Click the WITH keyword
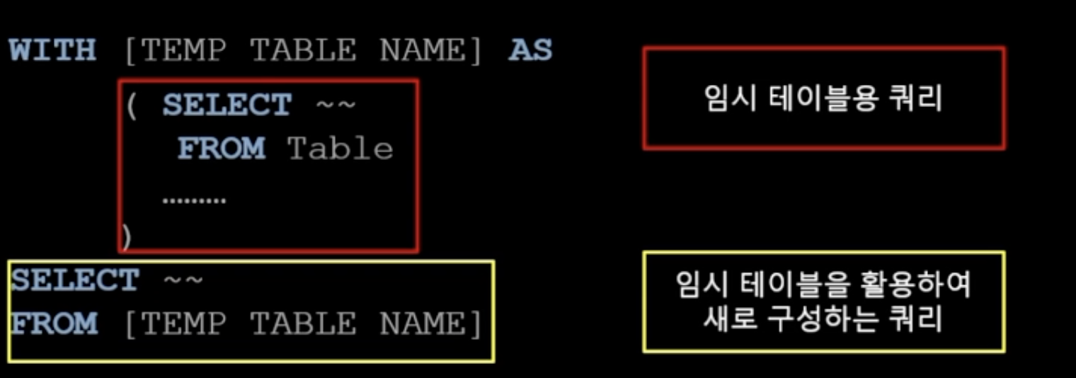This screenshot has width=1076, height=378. pos(52,51)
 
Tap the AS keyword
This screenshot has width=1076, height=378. pos(530,51)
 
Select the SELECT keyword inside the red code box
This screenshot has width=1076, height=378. pos(227,105)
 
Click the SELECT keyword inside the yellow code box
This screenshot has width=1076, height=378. pos(75,281)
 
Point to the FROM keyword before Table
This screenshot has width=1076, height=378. pos(221,149)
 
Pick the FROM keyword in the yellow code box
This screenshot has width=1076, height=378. pos(55,324)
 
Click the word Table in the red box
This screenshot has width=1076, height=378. pos(340,149)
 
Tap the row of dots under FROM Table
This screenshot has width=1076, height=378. pos(194,200)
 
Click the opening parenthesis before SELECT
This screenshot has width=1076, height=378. pos(131,106)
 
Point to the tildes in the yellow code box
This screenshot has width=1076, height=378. pos(183,281)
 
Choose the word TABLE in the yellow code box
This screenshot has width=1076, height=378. pos(302,324)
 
